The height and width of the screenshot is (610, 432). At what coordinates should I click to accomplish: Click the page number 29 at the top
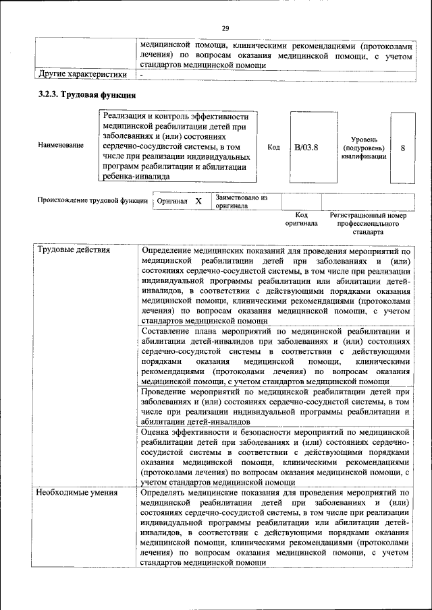tap(225, 28)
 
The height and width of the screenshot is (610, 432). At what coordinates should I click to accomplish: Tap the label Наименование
tap(61, 145)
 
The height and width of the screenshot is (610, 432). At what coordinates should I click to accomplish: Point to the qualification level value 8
tap(403, 147)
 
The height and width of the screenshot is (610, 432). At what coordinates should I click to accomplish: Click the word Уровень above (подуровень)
tap(364, 138)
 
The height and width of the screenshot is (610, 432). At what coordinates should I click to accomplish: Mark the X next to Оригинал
tap(198, 202)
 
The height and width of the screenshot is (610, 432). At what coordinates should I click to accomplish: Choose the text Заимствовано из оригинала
tap(241, 202)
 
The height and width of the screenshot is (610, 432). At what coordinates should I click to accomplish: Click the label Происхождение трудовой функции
tap(92, 201)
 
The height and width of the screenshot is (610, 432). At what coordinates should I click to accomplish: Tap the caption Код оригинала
tap(300, 218)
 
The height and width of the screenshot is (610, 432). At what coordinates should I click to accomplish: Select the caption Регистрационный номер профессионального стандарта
tap(368, 223)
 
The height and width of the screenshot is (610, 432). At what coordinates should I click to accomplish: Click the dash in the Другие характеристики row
tap(142, 74)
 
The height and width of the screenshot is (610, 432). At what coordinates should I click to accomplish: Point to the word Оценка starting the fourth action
tap(157, 430)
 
